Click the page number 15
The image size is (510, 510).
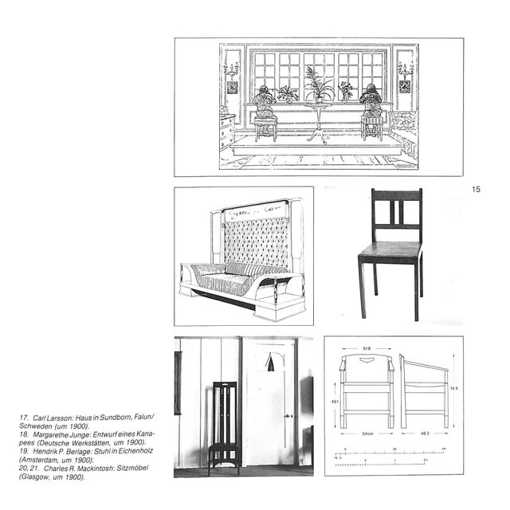pos(477,190)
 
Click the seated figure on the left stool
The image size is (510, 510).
pos(265,104)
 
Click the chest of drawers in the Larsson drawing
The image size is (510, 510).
pos(227,131)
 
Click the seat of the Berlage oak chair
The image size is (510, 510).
pos(390,253)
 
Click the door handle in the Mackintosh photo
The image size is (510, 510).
pos(288,416)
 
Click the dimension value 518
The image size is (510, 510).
pos(365,349)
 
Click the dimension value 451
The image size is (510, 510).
pos(336,402)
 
